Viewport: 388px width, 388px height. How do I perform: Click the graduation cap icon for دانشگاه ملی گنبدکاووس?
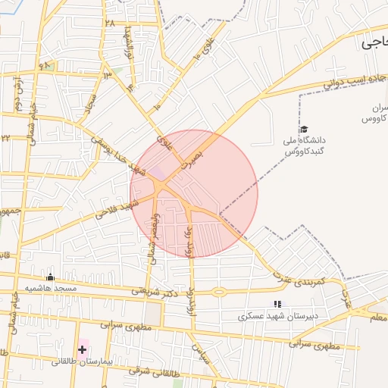click(x=304, y=130)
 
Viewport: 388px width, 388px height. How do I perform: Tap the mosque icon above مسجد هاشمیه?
click(x=51, y=277)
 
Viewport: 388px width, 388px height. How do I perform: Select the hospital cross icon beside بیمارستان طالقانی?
click(x=82, y=349)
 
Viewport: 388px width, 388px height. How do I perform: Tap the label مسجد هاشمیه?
click(x=52, y=289)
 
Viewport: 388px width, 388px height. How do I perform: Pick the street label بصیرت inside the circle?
click(x=193, y=155)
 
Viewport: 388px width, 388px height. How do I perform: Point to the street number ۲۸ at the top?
click(x=111, y=23)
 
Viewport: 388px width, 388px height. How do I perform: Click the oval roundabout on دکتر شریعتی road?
click(x=221, y=292)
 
